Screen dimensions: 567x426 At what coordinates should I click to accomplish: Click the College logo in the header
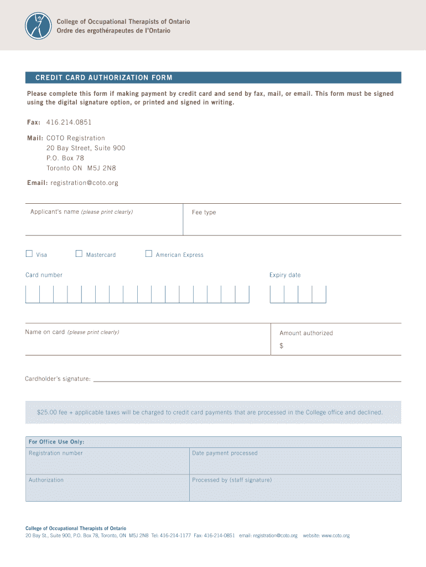coord(38,25)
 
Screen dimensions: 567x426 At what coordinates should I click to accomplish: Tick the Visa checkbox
coord(29,254)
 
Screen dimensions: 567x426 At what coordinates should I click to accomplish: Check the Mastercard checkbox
coord(79,254)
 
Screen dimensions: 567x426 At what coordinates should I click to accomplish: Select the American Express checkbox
coord(148,254)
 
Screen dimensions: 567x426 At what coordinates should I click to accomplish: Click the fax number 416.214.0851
coord(69,122)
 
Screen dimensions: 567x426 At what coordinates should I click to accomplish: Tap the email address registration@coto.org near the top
coord(84,183)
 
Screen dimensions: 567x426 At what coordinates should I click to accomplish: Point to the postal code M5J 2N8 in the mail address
coord(102,168)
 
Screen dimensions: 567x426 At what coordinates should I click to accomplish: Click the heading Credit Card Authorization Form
coord(104,78)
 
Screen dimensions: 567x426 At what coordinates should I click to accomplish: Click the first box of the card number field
coord(33,294)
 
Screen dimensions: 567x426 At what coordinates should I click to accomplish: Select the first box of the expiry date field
coord(277,294)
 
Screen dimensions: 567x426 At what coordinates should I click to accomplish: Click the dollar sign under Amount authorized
coord(282,346)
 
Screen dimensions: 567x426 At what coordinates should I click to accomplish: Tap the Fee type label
coord(204,213)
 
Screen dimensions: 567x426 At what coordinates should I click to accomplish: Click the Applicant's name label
coord(54,212)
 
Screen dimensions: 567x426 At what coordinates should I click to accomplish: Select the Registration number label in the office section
coord(56,453)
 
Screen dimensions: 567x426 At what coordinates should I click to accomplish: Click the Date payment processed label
coord(225,453)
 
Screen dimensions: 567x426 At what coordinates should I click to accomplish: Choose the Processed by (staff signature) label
coord(232,480)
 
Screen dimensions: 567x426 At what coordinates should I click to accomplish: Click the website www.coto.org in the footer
coord(335,536)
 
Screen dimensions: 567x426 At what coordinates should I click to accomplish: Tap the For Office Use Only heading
coord(56,442)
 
